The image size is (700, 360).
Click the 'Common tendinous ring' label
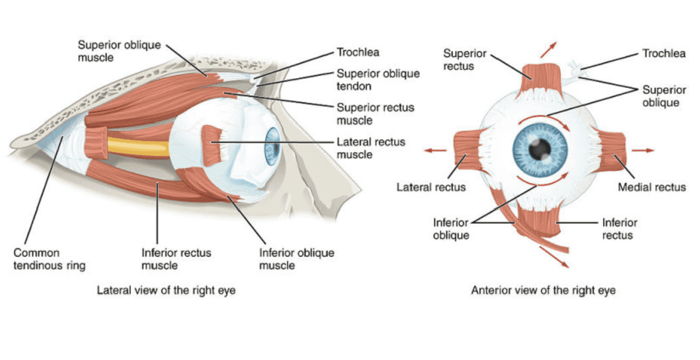pos(49,259)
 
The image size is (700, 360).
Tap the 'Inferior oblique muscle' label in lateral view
pos(296,259)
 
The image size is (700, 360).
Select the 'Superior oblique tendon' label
pos(378,79)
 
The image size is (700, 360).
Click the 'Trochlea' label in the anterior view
pos(663,54)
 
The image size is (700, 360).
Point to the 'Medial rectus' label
pos(651,187)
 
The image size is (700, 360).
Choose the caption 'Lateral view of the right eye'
pos(166,290)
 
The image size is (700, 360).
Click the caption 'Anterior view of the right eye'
pos(543,290)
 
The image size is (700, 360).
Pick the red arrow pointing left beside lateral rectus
pos(436,150)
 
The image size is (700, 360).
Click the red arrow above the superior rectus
pos(548,49)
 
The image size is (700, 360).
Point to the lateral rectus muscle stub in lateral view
pos(213,144)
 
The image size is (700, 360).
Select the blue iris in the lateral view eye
pos(272,147)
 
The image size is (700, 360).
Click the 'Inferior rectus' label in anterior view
pos(620,229)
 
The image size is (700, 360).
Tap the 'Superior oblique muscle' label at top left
pos(119,50)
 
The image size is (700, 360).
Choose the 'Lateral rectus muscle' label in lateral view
pos(371,148)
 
